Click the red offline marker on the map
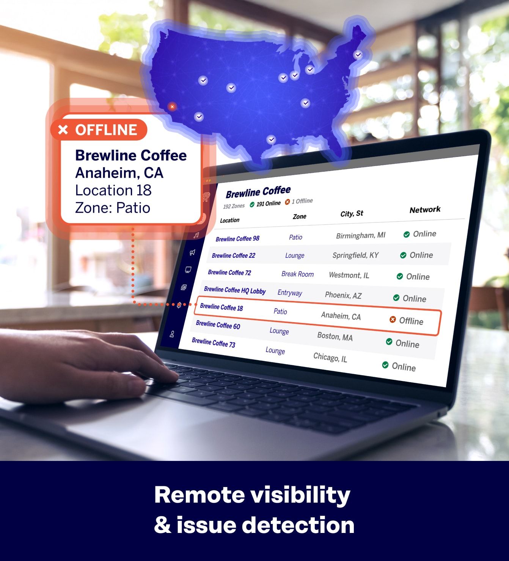(172, 107)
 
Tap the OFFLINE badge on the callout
(99, 130)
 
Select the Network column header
(425, 210)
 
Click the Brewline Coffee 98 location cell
(237, 238)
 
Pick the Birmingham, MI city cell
(360, 235)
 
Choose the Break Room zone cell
(297, 274)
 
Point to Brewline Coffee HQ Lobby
(234, 290)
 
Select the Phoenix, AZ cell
(343, 295)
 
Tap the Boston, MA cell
(335, 337)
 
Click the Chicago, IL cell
(330, 357)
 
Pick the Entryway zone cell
(290, 293)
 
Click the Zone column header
(299, 216)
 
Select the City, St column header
(352, 213)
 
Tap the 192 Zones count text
(234, 206)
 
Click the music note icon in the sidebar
(196, 235)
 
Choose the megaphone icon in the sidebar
(192, 252)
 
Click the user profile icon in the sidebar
(172, 334)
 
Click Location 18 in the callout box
(113, 190)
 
